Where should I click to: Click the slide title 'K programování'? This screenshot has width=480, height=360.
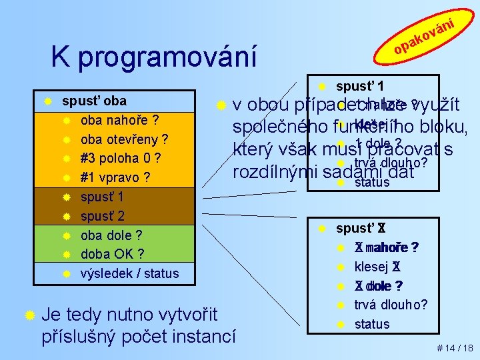click(x=153, y=57)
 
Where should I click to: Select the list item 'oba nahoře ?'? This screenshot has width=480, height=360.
click(x=119, y=121)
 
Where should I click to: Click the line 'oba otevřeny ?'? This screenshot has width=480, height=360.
click(x=123, y=140)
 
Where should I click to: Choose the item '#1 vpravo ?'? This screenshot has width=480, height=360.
click(x=115, y=178)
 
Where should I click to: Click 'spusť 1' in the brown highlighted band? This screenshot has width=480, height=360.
click(x=102, y=197)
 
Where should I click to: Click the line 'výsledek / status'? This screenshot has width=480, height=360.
click(x=129, y=273)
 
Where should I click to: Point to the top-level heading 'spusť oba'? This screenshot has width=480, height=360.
click(x=94, y=101)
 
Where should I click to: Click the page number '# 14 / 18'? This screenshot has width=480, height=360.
click(x=454, y=348)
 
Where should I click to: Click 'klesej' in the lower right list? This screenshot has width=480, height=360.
click(x=372, y=267)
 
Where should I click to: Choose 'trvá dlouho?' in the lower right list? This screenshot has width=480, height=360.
click(x=391, y=305)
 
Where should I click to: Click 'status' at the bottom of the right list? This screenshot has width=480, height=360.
click(x=372, y=324)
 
